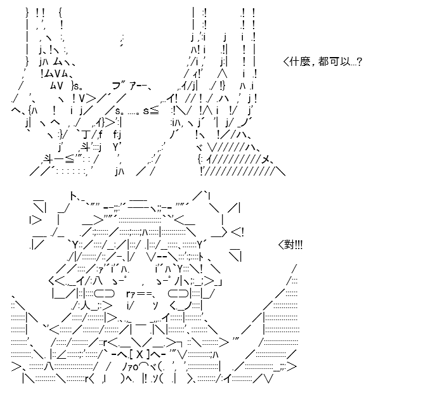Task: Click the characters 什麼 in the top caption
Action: [299, 61]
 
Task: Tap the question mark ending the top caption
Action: [359, 62]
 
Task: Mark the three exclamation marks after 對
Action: [299, 245]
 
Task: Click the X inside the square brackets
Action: [140, 354]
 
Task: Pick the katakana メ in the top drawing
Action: [266, 160]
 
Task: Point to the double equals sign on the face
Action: [145, 293]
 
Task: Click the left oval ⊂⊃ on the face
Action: [105, 293]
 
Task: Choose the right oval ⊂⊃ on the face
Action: [178, 293]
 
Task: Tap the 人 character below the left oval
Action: [86, 306]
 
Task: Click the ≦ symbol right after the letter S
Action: [154, 111]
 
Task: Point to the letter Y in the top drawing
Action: [115, 147]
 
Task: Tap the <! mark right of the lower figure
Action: [237, 233]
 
